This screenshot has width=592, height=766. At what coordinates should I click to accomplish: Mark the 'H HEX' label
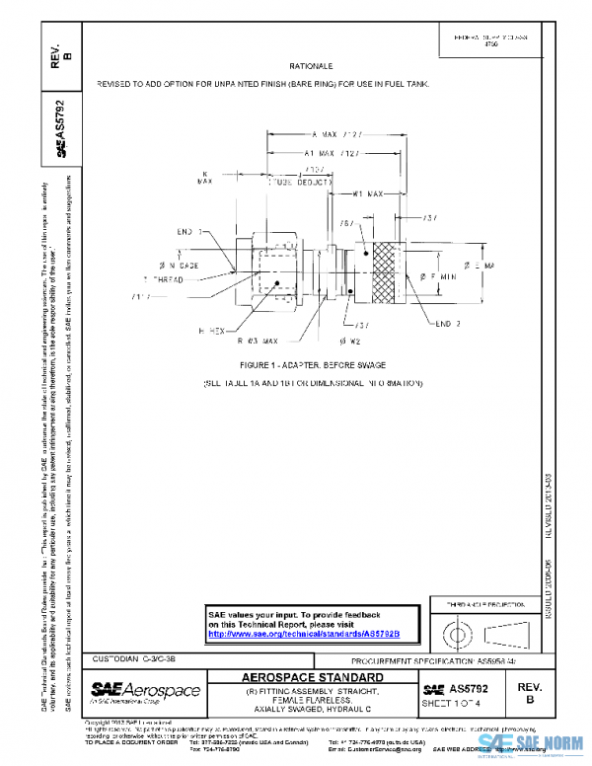pyautogui.click(x=213, y=332)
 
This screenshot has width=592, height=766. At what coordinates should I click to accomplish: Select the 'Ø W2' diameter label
pyautogui.click(x=348, y=341)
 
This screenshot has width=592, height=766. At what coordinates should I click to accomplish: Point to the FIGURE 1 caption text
pyautogui.click(x=312, y=364)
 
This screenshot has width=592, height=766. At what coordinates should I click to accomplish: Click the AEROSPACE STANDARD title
pyautogui.click(x=313, y=678)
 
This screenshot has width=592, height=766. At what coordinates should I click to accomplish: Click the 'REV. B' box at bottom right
pyautogui.click(x=530, y=691)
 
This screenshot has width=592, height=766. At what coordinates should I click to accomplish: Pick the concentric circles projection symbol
pyautogui.click(x=458, y=631)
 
